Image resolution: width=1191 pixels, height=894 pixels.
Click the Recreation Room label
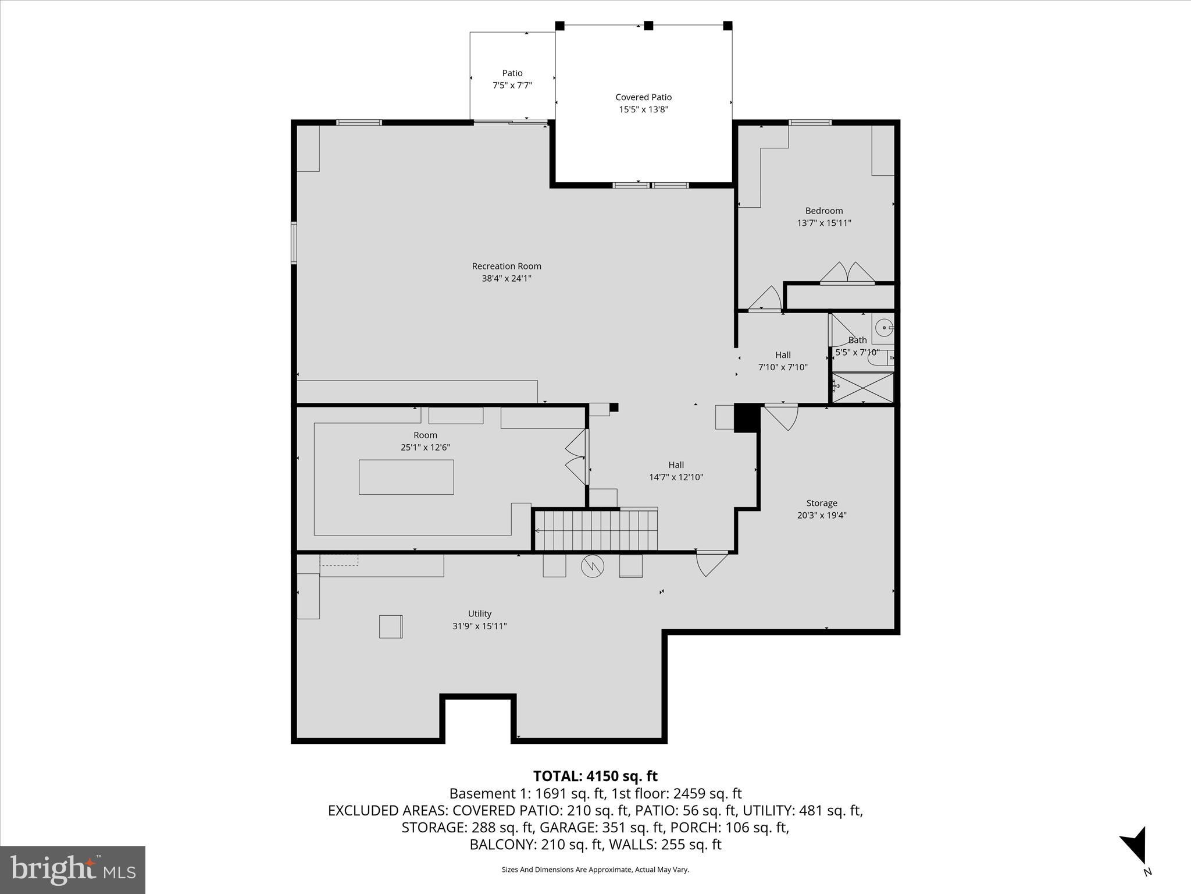506,267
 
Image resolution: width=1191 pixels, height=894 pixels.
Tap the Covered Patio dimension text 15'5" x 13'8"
643,109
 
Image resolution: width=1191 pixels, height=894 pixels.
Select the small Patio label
512,73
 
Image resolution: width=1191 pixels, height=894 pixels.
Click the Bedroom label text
823,211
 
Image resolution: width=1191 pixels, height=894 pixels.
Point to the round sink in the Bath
884,328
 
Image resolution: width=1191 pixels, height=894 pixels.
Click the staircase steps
596,530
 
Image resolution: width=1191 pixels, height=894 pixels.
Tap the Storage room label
821,503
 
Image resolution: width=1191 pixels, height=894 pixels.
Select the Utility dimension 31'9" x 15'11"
479,626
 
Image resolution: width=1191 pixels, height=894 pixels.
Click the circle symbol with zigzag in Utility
593,566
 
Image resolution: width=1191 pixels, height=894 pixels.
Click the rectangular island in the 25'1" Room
406,477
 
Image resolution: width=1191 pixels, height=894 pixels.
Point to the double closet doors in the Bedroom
847,274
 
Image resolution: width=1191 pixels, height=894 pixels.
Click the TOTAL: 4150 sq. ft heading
595,776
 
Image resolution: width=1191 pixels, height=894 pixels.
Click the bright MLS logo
73,870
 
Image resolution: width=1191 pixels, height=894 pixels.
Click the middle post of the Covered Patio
648,26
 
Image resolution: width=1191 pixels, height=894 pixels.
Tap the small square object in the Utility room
391,626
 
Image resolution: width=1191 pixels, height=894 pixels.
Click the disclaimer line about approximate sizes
595,870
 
